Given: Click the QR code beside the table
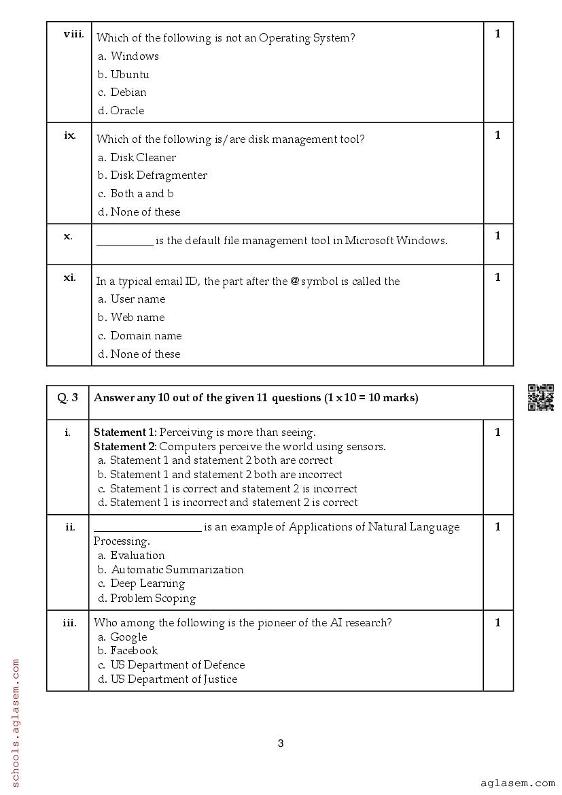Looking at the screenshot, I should [x=541, y=398].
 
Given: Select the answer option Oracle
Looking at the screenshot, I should [x=127, y=110].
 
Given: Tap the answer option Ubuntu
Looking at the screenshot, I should [x=129, y=74].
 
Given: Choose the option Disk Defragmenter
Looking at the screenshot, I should [x=158, y=175].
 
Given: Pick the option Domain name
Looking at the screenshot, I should [x=145, y=335].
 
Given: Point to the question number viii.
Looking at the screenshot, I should [x=73, y=34].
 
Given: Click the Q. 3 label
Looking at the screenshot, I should [x=67, y=398].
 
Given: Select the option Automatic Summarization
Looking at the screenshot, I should [x=177, y=569].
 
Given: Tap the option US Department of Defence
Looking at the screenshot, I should [x=177, y=664].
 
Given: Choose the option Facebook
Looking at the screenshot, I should [x=134, y=650].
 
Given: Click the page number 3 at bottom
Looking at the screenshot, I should [x=281, y=743].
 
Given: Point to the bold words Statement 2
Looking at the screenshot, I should [x=125, y=446].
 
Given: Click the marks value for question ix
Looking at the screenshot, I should [x=497, y=135].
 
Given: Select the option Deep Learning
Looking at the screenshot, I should [x=147, y=583].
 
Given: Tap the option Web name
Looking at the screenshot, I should [x=137, y=317].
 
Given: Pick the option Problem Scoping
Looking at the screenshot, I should [x=153, y=598].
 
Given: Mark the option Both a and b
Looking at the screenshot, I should [x=142, y=193].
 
